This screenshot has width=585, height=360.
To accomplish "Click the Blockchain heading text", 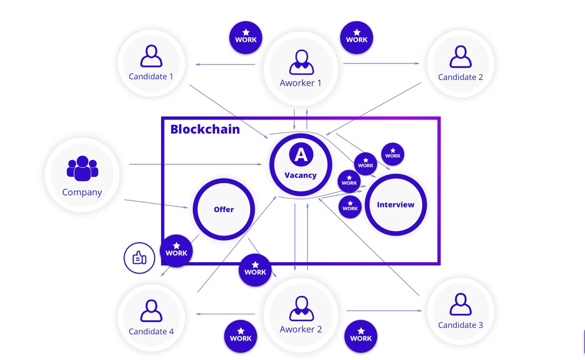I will point(205,129).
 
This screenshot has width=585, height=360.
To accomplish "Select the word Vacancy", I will point(300,175).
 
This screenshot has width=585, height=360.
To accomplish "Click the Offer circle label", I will point(224,209).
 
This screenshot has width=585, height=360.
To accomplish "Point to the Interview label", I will point(396,204).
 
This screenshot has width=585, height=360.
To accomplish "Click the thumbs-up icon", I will point(139,257).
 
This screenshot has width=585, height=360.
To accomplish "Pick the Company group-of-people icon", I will point(82,169).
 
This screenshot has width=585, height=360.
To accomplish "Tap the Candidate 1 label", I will point(151,76).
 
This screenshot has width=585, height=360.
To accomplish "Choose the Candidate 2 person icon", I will point(461,57).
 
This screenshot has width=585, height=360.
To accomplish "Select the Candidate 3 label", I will point(461,325).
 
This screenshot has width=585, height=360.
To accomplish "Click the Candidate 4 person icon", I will point(151,310).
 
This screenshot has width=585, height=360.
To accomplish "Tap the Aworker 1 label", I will point(300,83).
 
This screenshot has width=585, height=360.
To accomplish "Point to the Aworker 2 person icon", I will point(300,309).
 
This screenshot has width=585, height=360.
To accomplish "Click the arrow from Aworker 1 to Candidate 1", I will point(226,64).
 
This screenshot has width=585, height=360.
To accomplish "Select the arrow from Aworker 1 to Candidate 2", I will point(381,63).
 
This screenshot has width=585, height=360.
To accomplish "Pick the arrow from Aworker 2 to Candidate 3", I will point(384,311).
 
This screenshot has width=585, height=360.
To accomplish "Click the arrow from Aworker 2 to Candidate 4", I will point(226,314).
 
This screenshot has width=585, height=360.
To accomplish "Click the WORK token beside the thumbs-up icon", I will point(176,250).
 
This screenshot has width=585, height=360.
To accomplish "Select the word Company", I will point(82,192).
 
